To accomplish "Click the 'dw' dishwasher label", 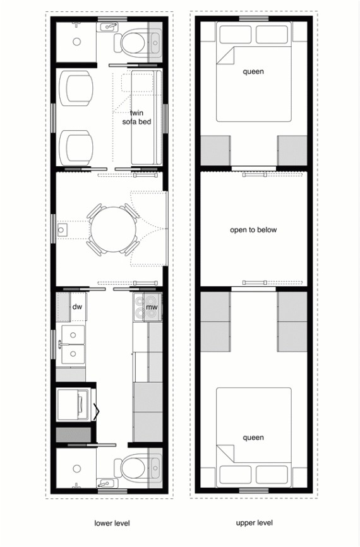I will click(x=78, y=307).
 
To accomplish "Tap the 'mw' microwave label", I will click(x=152, y=308).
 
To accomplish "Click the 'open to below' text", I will click(x=253, y=230).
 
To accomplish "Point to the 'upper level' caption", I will click(x=255, y=523).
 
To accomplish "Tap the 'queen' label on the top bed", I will click(x=253, y=71).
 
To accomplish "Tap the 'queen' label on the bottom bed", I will click(x=253, y=438).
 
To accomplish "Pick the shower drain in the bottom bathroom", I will click(x=76, y=469).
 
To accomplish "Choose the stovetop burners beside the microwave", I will click(x=140, y=308).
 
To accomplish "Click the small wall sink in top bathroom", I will click(x=109, y=26).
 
